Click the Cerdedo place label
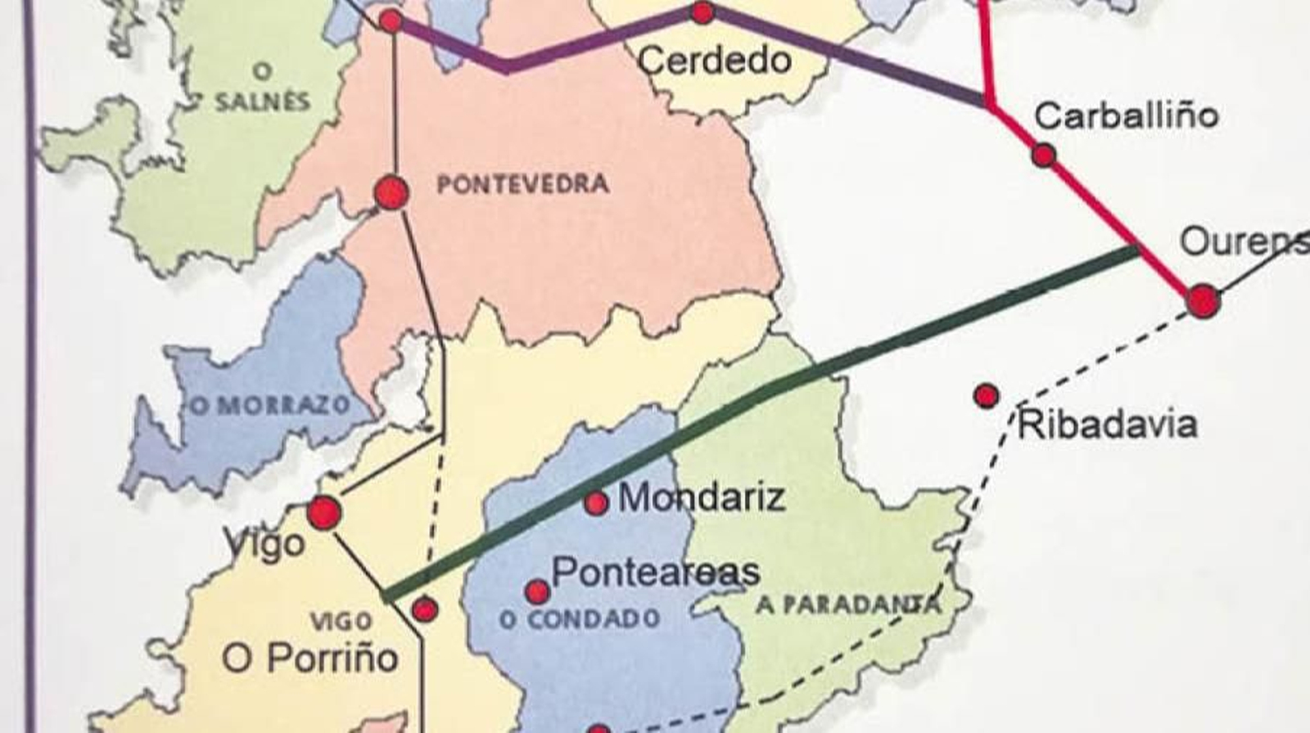pyautogui.click(x=714, y=61)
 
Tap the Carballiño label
pyautogui.click(x=1126, y=115)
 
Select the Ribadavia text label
pyautogui.click(x=1107, y=425)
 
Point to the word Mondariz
pyautogui.click(x=702, y=497)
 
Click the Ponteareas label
pyautogui.click(x=656, y=572)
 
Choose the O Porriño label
pyautogui.click(x=310, y=658)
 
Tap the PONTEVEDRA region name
pyautogui.click(x=523, y=184)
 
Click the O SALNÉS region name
pyautogui.click(x=263, y=88)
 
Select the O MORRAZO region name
pyautogui.click(x=270, y=405)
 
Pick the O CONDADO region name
pyautogui.click(x=580, y=619)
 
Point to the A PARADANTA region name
pyautogui.click(x=847, y=605)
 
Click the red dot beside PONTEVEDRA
pyautogui.click(x=391, y=193)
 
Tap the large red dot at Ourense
pyautogui.click(x=1203, y=300)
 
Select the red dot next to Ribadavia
pyautogui.click(x=987, y=396)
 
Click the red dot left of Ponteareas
pyautogui.click(x=537, y=591)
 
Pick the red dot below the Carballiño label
pyautogui.click(x=1043, y=155)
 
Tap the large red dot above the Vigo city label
pyautogui.click(x=323, y=513)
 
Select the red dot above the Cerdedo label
pyautogui.click(x=702, y=12)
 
